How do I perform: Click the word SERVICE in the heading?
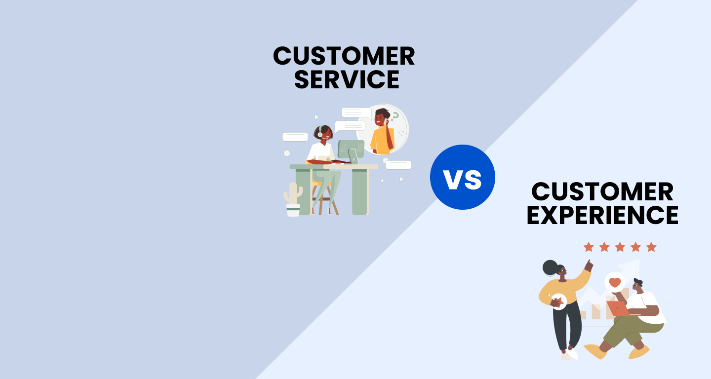point(347,79)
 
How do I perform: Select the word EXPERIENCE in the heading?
point(602,215)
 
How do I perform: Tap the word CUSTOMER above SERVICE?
point(344,56)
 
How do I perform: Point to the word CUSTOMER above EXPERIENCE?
point(602,191)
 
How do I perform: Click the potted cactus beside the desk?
point(293,199)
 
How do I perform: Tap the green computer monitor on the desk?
point(351,149)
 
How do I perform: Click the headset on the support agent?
point(319,133)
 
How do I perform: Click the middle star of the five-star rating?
point(620,247)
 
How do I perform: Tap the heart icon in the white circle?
point(615,283)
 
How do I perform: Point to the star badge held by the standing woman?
point(558,300)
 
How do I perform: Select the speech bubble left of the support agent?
point(295,137)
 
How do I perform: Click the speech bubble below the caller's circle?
point(398,165)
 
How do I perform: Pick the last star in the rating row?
point(651,247)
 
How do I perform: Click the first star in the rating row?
point(588,247)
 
